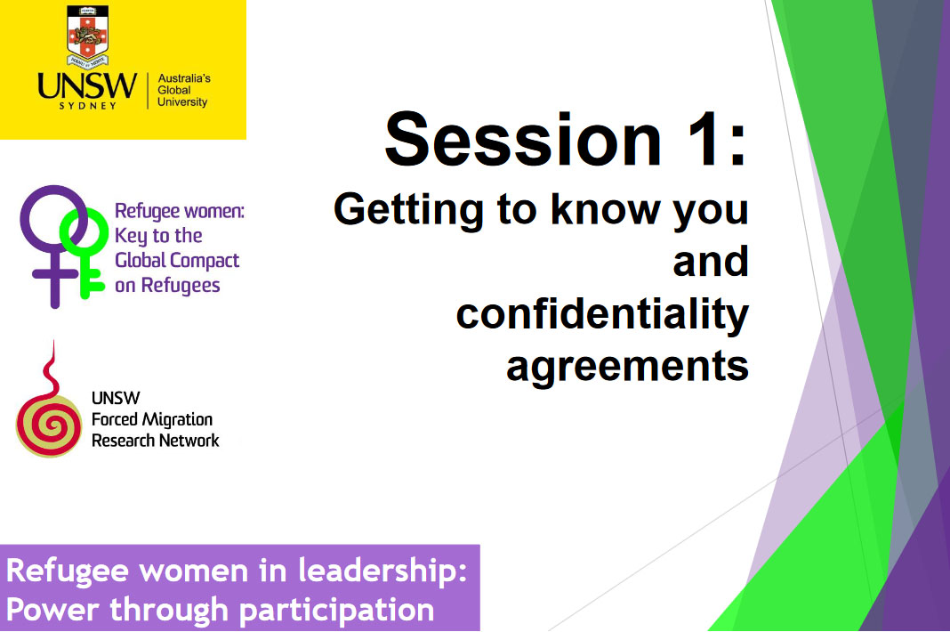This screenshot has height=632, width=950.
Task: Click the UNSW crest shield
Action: point(88,36)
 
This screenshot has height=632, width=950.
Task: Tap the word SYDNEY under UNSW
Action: point(88,106)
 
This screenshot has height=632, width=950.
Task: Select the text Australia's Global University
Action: point(183,90)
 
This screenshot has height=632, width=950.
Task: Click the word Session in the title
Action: point(523,139)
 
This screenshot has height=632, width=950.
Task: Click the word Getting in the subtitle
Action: point(408,210)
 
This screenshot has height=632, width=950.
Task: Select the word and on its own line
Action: point(711,262)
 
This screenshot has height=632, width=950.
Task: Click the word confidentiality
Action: point(603,315)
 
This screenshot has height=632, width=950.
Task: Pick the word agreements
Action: point(628,367)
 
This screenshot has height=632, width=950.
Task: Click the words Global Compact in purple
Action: point(177,261)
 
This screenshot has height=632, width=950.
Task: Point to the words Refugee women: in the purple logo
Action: point(180,210)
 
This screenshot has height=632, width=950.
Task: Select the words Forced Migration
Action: point(152,419)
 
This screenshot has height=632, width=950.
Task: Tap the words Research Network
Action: point(155,441)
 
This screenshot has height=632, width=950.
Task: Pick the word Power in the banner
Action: point(52,610)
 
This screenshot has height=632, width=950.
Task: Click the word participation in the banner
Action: point(337,611)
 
